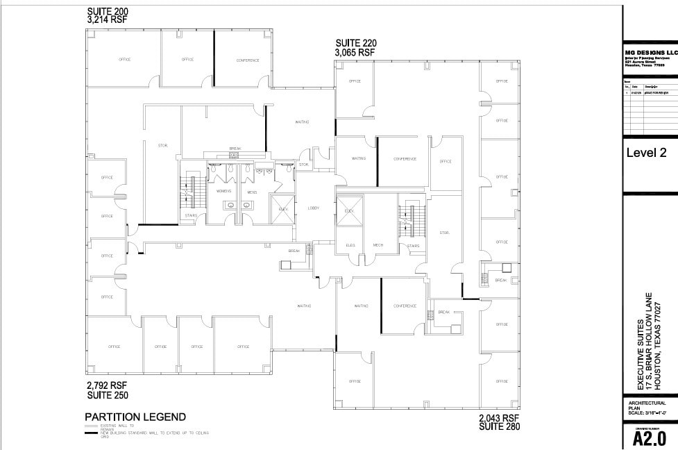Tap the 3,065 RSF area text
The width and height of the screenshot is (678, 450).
click(355, 52)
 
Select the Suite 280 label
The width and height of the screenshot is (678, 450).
click(499, 426)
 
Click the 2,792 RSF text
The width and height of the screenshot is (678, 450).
click(107, 385)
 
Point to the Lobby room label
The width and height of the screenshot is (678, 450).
click(313, 208)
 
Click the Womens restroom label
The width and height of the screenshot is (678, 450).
click(223, 191)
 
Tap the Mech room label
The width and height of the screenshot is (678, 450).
click(378, 245)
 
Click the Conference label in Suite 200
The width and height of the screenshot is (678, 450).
click(248, 60)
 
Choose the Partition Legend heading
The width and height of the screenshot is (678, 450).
click(135, 417)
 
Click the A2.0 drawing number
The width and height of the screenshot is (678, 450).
click(650, 438)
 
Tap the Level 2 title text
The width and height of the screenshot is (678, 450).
click(645, 153)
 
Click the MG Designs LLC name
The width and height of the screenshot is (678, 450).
click(650, 53)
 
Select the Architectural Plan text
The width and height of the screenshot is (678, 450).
click(647, 406)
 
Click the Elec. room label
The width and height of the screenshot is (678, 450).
click(350, 245)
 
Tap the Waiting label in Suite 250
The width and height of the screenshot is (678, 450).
click(304, 306)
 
